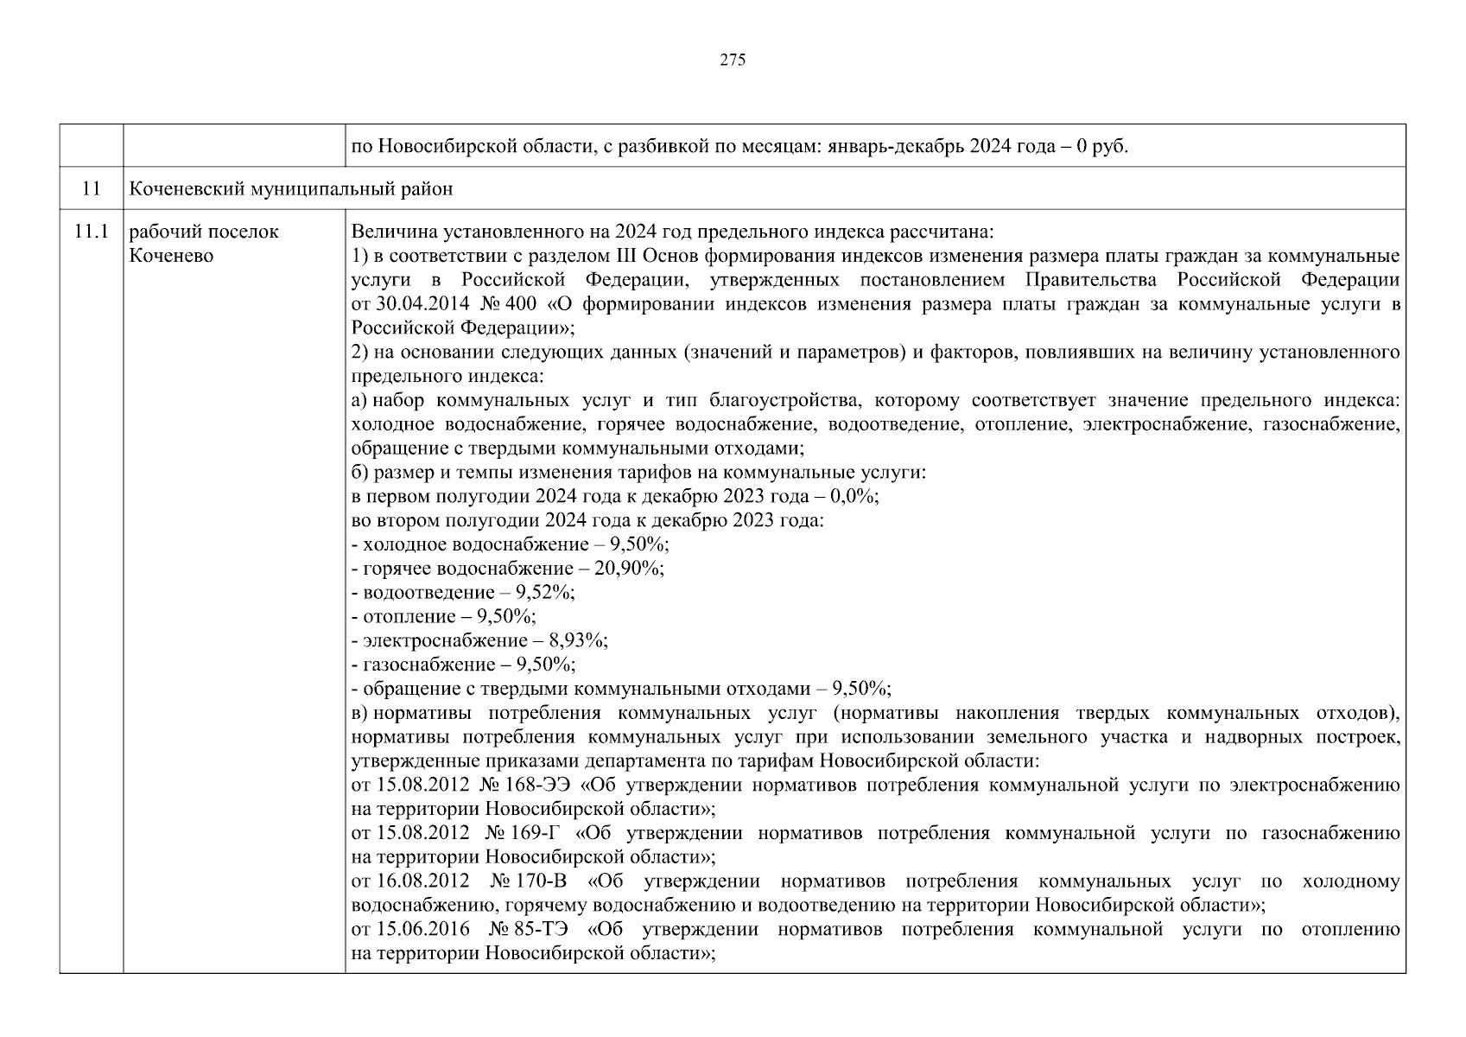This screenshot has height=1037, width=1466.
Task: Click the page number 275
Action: click(x=732, y=60)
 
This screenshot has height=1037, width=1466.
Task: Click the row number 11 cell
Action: click(x=92, y=188)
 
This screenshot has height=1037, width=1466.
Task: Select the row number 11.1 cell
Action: click(x=92, y=232)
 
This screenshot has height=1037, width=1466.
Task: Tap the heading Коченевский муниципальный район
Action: click(x=290, y=188)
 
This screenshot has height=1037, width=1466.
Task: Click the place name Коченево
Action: click(x=171, y=256)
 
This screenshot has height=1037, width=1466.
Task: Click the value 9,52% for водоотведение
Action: click(x=544, y=593)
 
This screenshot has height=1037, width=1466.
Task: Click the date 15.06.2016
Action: click(x=423, y=931)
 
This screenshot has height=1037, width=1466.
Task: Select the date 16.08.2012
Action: click(x=423, y=882)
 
